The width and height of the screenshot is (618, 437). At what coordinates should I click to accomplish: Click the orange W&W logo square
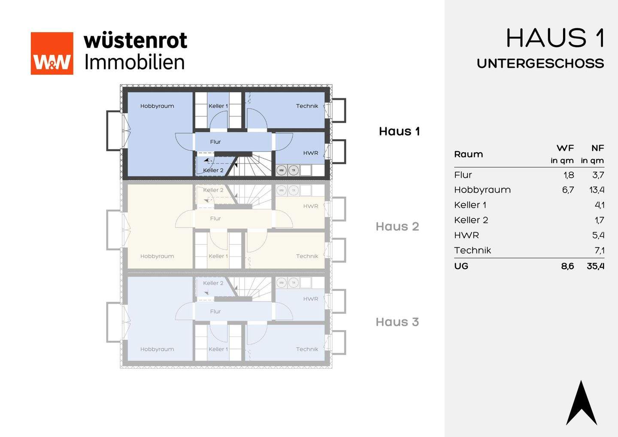point(52,53)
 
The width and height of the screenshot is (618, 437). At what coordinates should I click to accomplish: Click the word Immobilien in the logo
point(135,62)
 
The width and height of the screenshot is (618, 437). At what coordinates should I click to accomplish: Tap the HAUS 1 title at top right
point(555,38)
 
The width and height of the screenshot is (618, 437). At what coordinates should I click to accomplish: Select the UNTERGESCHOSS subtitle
point(540,64)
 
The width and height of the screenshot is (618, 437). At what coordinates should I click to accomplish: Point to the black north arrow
point(582,404)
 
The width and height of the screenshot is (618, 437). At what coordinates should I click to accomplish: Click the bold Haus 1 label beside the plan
point(399,131)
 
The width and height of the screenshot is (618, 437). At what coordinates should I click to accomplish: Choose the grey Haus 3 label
point(397,322)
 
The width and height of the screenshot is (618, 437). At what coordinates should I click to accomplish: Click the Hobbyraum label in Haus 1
point(157,106)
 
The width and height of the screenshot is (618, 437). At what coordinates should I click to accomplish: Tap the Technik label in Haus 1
point(307,106)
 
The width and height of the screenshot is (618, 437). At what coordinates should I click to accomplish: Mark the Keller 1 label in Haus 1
point(218,106)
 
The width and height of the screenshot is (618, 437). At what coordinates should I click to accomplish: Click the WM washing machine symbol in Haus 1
point(282,170)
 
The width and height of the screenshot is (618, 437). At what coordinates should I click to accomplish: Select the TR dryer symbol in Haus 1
point(294,170)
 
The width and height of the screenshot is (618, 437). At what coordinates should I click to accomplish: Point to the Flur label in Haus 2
point(215,218)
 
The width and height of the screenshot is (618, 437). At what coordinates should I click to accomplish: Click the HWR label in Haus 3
point(311,299)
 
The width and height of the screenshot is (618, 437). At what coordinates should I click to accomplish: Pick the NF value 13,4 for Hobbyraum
point(597,190)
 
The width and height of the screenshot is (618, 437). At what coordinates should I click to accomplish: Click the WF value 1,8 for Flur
point(569,175)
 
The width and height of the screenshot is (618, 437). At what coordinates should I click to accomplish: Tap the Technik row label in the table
point(472,250)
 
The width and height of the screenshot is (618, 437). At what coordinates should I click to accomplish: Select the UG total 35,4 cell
point(595,266)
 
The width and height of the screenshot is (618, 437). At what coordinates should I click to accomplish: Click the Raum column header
point(468,154)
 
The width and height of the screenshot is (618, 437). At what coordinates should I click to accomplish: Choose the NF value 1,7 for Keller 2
point(599,220)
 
